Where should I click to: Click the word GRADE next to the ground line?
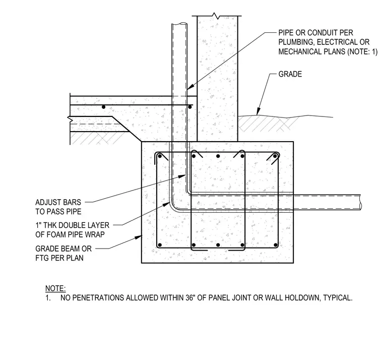[x=290, y=74]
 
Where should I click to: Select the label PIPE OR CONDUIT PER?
[x=315, y=33]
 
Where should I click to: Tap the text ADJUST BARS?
[x=58, y=202]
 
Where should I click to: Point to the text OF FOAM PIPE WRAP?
[x=70, y=234]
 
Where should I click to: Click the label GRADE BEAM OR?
[x=63, y=249]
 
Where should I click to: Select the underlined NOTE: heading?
[x=55, y=288]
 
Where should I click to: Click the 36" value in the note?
[x=190, y=297]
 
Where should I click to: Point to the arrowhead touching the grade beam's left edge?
[x=140, y=236]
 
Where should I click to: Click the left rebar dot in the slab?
[x=104, y=107]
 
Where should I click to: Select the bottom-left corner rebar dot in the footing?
[x=160, y=245]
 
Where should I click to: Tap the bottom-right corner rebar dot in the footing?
[x=276, y=245]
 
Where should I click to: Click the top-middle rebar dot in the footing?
[x=218, y=156]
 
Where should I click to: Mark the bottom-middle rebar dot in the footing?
[x=218, y=245]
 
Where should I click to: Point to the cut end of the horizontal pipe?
[x=360, y=202]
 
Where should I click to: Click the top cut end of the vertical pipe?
[x=179, y=24]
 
